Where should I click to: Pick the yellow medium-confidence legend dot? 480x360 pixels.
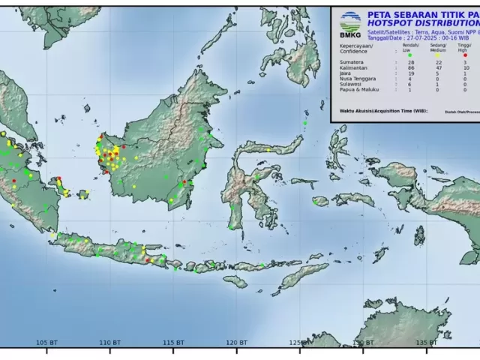pos(438,55)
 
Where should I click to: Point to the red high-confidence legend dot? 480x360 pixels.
pos(466,55)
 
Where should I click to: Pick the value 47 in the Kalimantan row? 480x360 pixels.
pos(438,67)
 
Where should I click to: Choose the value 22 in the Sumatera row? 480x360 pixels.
pos(438,61)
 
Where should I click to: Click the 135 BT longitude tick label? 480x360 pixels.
pos(425,343)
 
